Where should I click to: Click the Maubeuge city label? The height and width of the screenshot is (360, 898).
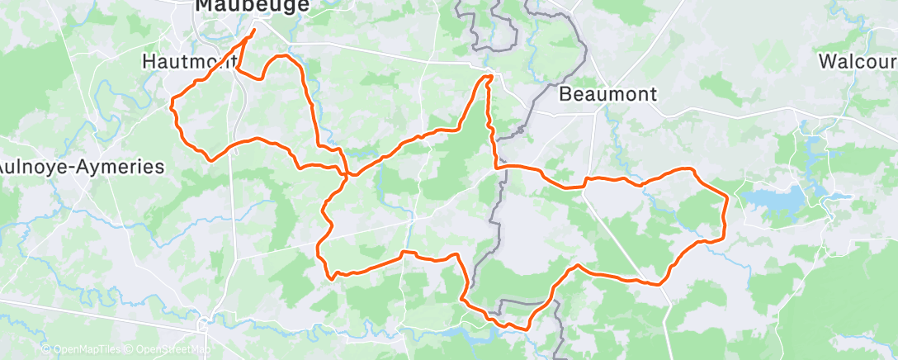240,7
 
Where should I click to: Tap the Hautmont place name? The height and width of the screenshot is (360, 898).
189,62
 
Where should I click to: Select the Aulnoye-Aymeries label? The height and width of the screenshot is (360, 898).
81,167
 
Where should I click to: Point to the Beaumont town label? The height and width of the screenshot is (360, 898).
607,94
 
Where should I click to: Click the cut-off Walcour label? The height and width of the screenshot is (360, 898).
858,62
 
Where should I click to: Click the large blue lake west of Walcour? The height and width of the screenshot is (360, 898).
776,199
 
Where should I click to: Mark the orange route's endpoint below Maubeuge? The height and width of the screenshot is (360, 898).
253,31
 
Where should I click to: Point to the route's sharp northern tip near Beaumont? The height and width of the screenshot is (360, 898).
489,77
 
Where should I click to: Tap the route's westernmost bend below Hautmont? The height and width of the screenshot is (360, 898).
172,104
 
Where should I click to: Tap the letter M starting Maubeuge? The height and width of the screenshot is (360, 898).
204,7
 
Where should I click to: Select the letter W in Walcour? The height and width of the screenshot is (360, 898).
828,62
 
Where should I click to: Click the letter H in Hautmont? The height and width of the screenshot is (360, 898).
149,62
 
